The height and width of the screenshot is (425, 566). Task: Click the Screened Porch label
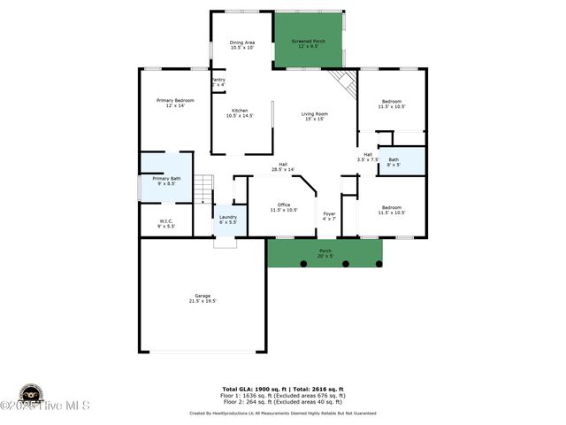coord(308,44)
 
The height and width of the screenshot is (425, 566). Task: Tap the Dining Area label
coord(242,45)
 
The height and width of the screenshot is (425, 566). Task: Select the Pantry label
coord(218,82)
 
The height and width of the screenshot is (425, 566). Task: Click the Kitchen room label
coord(240,113)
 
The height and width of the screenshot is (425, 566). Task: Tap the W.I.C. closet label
coord(166,223)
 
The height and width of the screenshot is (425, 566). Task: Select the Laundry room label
coord(227,220)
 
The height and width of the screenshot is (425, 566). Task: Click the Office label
coord(284,207)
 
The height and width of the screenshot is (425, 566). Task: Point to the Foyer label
coord(329,216)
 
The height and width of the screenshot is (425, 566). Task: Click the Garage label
coord(203,298)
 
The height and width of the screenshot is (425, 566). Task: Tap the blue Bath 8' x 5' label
coord(394,162)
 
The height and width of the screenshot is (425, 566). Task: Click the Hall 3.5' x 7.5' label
coord(368,157)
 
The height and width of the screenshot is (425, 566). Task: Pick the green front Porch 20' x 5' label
coord(325,253)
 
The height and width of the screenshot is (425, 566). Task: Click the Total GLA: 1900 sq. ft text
coord(251,389)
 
